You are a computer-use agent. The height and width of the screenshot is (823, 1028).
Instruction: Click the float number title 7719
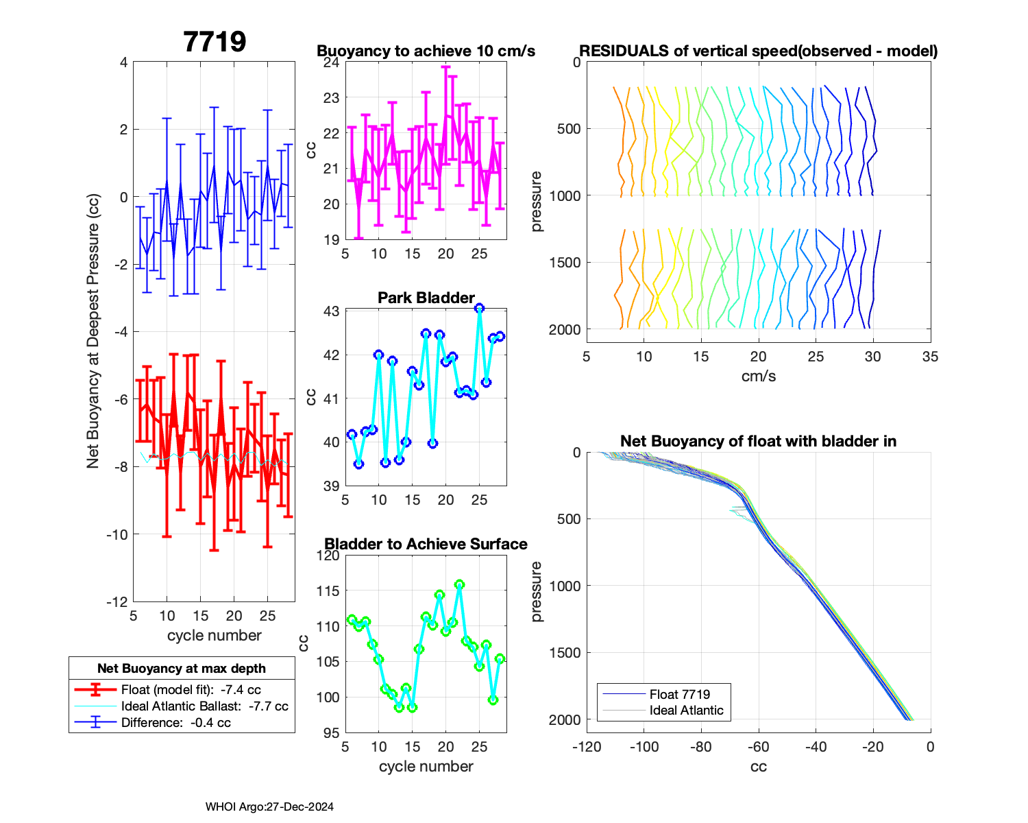215,42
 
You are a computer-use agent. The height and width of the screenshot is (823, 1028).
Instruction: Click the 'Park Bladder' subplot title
426,298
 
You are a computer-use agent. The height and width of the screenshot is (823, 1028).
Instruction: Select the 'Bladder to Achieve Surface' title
426,544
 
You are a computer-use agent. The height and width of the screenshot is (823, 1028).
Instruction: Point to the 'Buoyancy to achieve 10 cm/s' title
426,51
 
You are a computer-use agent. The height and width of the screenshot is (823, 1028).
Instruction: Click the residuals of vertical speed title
758,51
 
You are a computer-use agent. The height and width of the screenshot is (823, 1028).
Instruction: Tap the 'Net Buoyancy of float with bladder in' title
758,441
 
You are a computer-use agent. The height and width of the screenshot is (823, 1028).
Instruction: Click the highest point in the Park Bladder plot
480,308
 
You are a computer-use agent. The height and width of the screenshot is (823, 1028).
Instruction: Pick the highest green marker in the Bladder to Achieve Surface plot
459,584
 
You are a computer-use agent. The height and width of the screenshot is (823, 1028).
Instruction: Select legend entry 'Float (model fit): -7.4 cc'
191,690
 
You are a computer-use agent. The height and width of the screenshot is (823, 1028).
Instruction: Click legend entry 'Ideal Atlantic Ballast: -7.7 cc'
204,706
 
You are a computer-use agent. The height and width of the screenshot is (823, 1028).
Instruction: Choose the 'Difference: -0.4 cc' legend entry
175,722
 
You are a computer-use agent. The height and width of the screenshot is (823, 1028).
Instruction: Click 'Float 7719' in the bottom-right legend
679,694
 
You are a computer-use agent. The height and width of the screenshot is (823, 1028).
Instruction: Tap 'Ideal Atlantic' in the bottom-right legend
686,711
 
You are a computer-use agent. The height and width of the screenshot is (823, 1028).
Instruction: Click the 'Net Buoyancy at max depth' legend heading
182,669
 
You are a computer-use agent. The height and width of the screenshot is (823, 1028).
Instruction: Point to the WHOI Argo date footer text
269,807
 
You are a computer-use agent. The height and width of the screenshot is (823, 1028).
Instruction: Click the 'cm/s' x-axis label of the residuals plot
758,376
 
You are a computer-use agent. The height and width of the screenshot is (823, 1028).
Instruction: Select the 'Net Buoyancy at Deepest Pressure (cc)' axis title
93,332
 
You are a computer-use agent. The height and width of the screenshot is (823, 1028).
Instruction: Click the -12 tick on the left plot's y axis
117,601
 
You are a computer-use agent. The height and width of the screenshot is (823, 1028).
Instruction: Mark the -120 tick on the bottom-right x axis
587,746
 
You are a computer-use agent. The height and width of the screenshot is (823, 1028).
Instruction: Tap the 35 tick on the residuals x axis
930,357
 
